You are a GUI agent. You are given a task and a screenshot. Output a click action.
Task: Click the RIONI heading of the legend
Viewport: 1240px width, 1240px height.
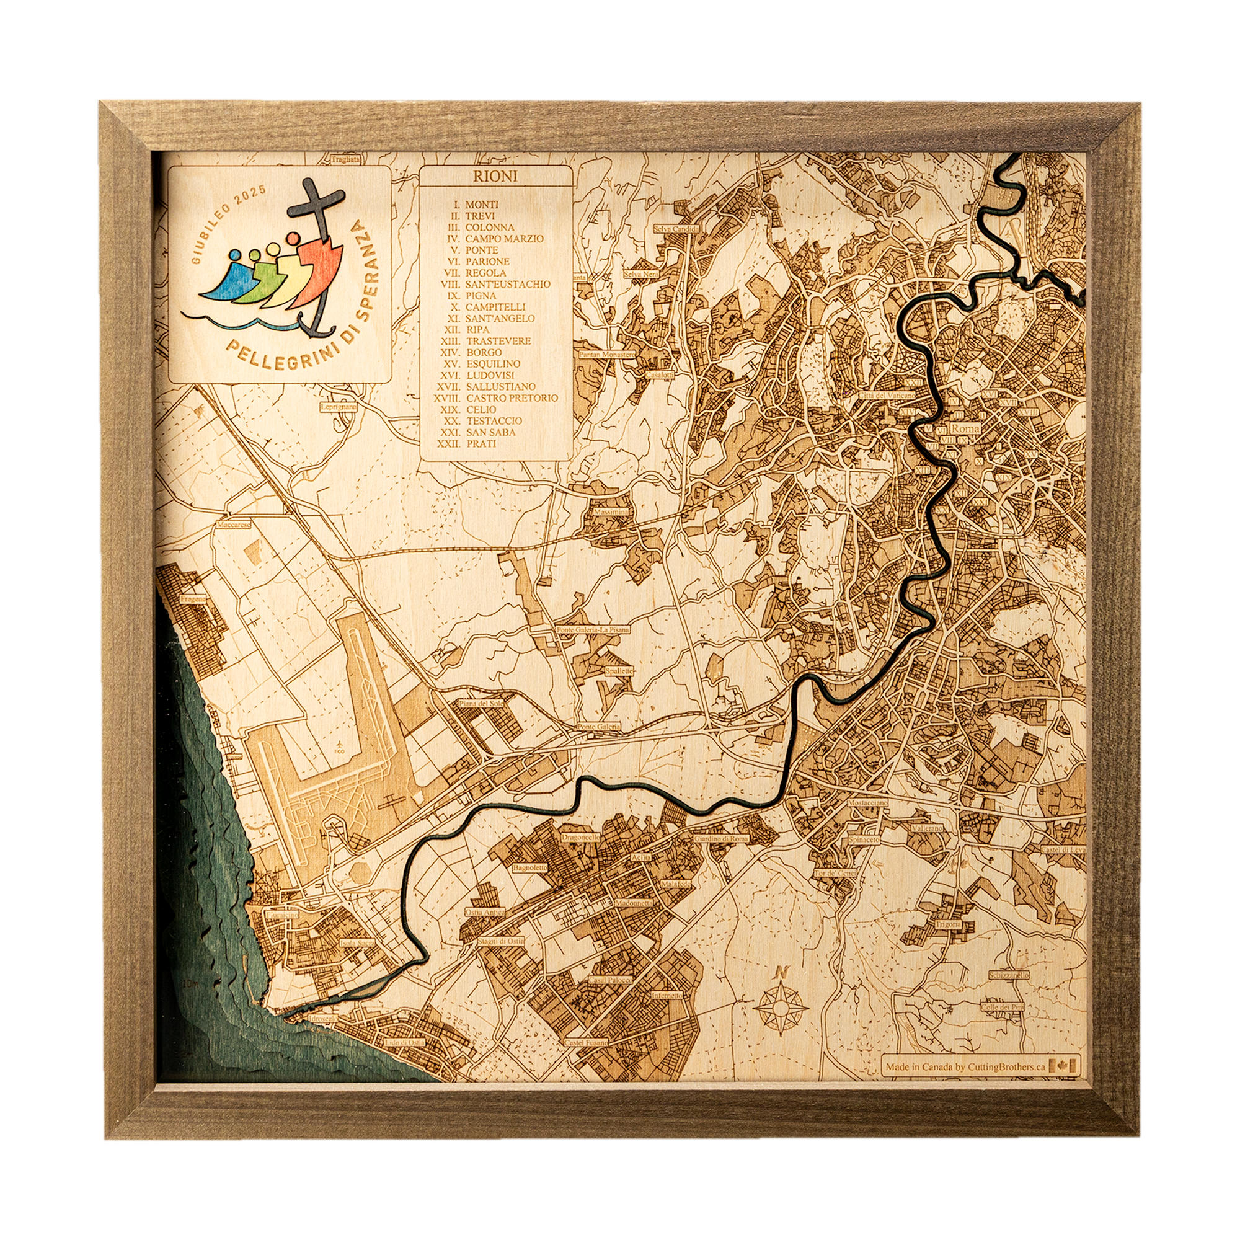[495, 176]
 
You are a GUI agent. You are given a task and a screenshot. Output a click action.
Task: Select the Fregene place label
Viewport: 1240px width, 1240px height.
[193, 599]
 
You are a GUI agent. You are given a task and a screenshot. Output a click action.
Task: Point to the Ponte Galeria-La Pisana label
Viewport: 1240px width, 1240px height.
[592, 630]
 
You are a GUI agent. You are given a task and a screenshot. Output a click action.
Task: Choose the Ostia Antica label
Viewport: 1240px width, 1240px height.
[485, 911]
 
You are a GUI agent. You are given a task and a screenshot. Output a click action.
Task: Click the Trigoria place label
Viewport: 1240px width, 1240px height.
[947, 924]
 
